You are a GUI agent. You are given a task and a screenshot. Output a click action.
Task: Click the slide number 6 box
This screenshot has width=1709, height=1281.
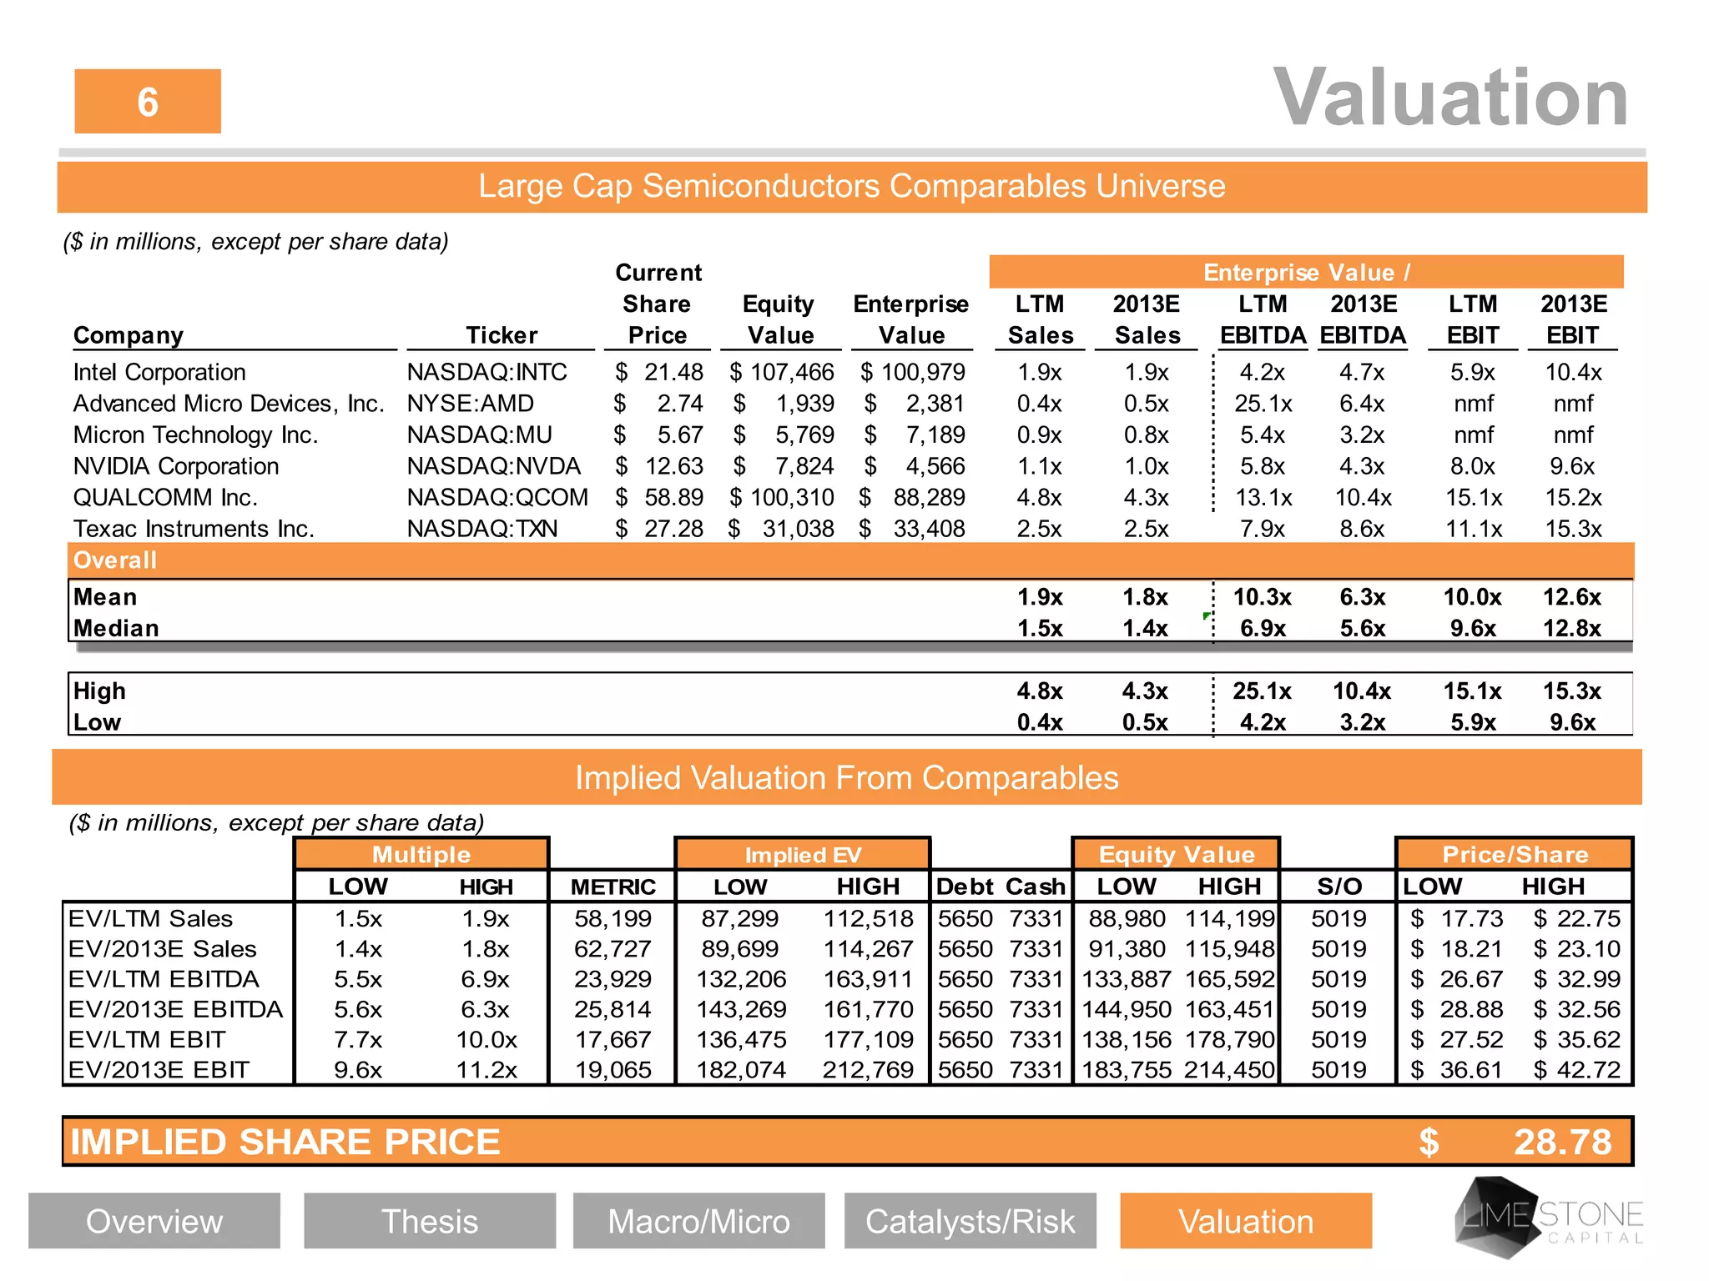coord(148,102)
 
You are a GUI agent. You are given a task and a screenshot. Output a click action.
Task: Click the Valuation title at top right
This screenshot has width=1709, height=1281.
coord(1450,98)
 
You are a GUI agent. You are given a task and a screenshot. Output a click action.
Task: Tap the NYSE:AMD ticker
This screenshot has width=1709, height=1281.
coord(470,404)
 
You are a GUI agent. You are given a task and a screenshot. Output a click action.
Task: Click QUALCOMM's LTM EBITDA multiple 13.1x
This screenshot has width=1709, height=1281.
coord(1263,498)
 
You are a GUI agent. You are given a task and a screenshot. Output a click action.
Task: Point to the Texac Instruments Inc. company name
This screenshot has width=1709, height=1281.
coord(194,529)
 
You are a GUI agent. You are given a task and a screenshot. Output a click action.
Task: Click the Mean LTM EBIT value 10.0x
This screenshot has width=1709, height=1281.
coord(1472,597)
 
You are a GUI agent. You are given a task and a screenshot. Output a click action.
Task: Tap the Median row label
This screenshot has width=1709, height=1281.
coord(116,628)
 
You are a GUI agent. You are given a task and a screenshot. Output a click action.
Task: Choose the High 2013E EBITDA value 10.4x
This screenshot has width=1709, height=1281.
coord(1362,691)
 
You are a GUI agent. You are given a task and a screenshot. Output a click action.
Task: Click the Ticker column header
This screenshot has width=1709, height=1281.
coord(502,335)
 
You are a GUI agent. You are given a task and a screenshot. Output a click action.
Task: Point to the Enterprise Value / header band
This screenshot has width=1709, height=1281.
coord(1306,273)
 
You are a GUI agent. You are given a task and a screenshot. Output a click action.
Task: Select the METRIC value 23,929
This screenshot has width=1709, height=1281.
coord(613,979)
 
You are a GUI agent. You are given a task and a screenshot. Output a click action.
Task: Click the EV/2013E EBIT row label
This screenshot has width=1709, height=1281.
coord(159,1070)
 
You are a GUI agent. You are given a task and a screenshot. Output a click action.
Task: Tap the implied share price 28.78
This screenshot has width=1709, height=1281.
coord(1562,1142)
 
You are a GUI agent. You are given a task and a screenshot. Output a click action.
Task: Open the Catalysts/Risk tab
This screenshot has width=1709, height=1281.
coord(970,1221)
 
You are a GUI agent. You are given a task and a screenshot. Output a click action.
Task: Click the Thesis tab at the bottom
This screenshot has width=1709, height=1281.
coord(430,1221)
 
